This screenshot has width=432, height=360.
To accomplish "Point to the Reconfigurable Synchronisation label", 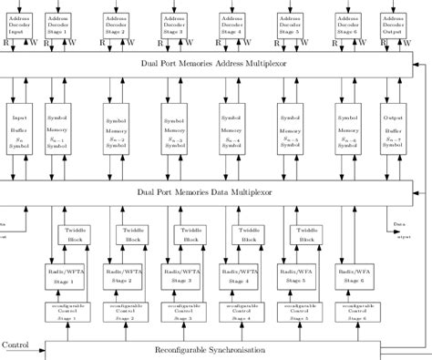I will [x=209, y=350].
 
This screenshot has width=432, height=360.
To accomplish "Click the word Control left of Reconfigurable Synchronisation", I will [x=16, y=345].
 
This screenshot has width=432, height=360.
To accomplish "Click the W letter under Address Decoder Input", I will [x=34, y=42].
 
